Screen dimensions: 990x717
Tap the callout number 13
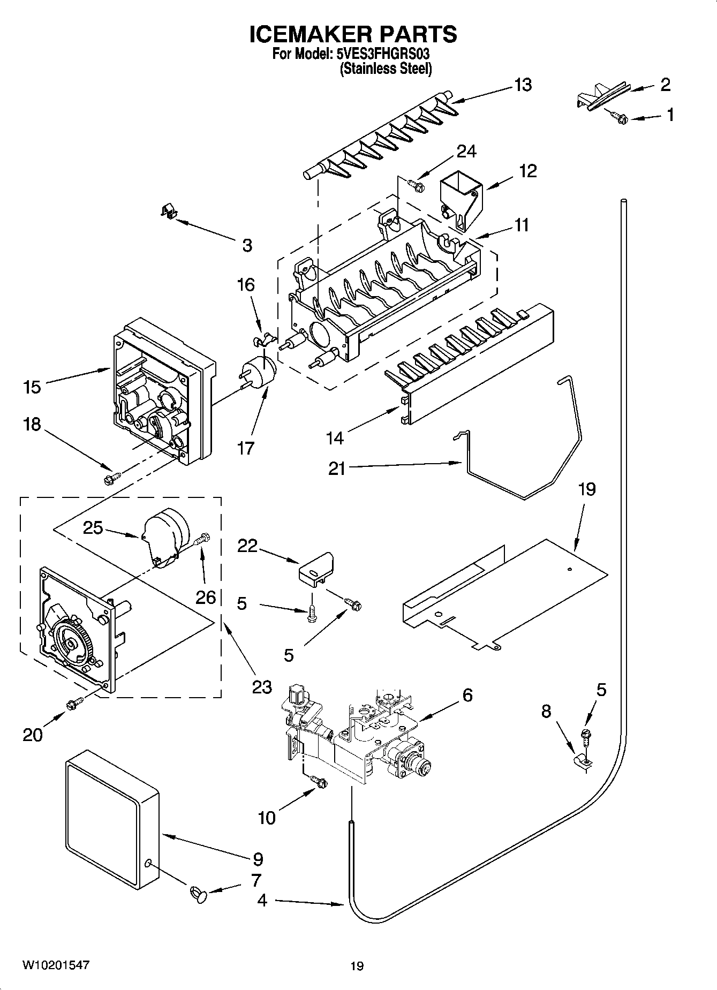coord(523,85)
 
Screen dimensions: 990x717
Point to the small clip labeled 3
coord(169,211)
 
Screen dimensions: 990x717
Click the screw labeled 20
coord(74,704)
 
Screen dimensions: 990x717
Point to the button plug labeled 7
coord(198,893)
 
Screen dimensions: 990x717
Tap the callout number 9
coord(258,859)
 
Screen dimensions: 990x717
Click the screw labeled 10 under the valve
coord(319,782)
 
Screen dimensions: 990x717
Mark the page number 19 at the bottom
coord(357,966)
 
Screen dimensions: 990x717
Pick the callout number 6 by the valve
coord(467,695)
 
